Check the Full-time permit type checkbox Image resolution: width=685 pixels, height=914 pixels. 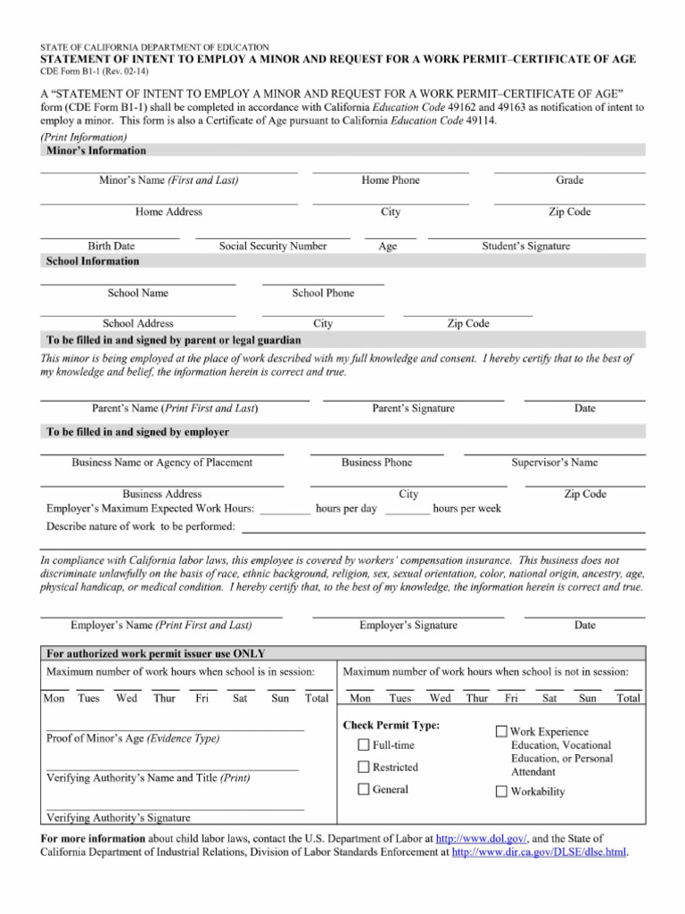click(364, 744)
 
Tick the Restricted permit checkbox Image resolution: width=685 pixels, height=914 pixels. click(364, 767)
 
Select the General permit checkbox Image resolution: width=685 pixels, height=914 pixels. click(364, 789)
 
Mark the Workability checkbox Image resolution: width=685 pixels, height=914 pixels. click(501, 791)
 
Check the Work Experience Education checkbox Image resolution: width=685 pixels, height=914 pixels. click(501, 732)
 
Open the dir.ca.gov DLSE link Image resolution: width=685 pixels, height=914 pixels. click(540, 852)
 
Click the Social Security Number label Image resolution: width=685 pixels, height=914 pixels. click(273, 246)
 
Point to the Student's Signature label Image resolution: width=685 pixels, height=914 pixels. click(526, 246)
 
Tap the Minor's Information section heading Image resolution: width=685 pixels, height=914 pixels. click(95, 151)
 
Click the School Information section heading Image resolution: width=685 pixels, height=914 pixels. click(92, 262)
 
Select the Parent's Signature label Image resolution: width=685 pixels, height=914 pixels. click(413, 409)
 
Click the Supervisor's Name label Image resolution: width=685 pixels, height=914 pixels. click(554, 462)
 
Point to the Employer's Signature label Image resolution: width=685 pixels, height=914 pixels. click(409, 626)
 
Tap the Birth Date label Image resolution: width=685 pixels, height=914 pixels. click(111, 246)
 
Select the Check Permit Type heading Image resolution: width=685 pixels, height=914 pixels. click(392, 725)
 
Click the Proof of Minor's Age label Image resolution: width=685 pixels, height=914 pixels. click(132, 739)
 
